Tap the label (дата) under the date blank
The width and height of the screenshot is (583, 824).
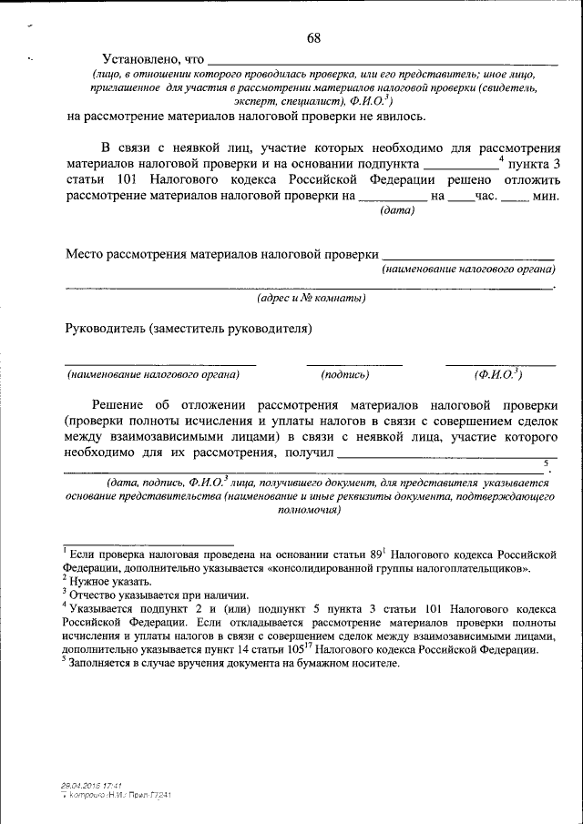click(x=396, y=210)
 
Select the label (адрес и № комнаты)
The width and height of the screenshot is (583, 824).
click(x=311, y=298)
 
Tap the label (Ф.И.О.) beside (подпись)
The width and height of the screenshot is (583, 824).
click(x=497, y=373)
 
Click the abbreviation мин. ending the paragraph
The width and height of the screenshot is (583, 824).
click(x=546, y=196)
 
